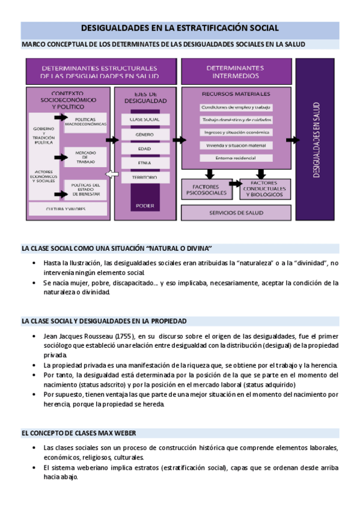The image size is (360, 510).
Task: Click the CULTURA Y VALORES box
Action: pos(66,209)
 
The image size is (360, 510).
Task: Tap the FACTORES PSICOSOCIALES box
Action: pos(205,190)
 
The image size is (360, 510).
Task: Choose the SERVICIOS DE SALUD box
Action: pos(236,213)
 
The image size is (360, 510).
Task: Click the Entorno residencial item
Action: pos(236,158)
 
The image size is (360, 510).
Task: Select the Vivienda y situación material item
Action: pos(236,145)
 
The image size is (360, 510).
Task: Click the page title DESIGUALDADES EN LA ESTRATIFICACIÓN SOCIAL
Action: pos(180,29)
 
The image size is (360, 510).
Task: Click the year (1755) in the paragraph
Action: pos(125,336)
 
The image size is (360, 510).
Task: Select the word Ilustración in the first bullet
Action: pos(82,263)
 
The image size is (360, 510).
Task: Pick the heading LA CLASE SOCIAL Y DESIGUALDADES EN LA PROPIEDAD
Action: pos(104,321)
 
